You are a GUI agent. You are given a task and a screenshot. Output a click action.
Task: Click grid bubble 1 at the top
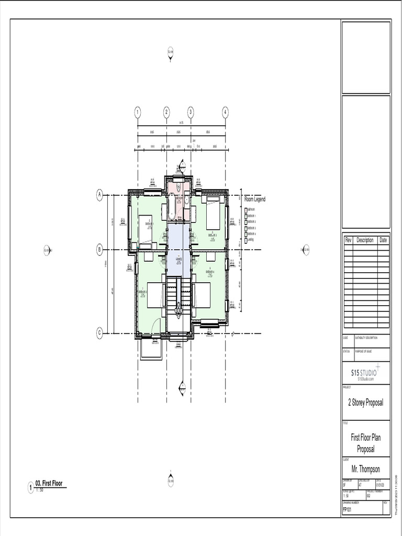tap(138, 113)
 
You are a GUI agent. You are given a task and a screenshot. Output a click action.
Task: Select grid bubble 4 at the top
tap(225, 113)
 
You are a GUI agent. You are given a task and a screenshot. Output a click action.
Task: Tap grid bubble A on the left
tap(99, 195)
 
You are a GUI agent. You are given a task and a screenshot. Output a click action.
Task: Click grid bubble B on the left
tap(99, 250)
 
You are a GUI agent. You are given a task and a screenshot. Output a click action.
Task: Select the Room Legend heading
tap(255, 199)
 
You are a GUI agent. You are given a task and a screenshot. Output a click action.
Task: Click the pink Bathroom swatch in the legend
tap(245, 209)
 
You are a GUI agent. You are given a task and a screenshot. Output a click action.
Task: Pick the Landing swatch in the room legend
tap(245, 240)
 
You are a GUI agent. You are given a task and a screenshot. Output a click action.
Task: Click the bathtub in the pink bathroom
tap(171, 205)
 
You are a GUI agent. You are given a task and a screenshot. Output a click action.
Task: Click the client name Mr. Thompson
tap(366, 469)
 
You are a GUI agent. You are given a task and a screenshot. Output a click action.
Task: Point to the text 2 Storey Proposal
tap(366, 403)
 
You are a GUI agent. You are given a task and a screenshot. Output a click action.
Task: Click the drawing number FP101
tap(347, 509)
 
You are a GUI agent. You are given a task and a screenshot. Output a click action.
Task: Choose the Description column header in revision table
tap(365, 240)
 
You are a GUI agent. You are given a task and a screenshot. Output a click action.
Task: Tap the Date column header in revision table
tap(384, 240)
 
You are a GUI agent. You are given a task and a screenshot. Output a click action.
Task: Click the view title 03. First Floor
tap(49, 484)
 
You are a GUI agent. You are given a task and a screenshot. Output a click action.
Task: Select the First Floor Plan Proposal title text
tap(366, 443)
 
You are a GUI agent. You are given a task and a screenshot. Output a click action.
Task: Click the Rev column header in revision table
tap(348, 240)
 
